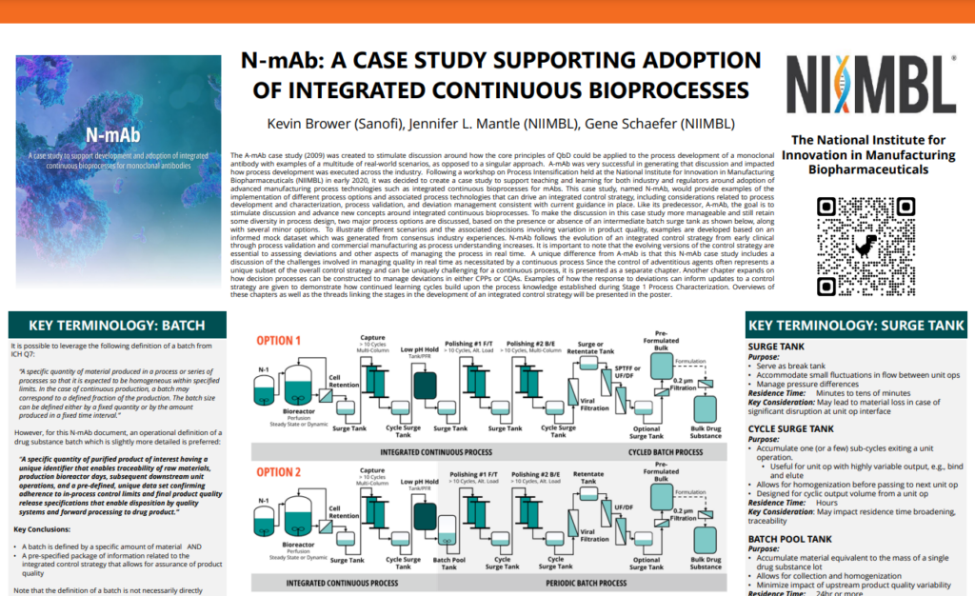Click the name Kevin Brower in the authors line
click(307, 124)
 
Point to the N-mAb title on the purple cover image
click(112, 134)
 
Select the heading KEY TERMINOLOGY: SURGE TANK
click(856, 326)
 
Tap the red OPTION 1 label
click(279, 341)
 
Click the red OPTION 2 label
click(279, 472)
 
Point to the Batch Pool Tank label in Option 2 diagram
click(449, 564)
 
